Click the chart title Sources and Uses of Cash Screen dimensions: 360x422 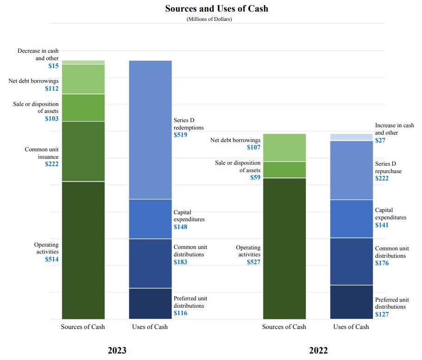216,8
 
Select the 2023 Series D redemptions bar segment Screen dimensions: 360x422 150,130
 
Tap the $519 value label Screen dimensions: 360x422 180,135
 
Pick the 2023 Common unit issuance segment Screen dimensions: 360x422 83,151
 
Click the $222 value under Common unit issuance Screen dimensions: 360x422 52,164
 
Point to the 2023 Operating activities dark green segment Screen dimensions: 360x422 83,250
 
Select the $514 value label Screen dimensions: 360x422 52,260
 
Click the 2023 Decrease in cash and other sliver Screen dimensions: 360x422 83,62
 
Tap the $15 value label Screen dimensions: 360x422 53,66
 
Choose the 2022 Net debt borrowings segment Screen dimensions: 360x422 284,148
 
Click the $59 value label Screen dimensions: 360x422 255,177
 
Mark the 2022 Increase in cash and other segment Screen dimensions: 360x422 351,137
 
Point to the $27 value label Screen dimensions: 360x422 381,140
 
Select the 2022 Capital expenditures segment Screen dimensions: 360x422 351,218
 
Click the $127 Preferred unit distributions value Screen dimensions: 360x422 382,314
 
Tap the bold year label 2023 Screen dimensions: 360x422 117,350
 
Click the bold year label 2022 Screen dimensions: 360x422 318,350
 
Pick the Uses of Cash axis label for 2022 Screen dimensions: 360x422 351,327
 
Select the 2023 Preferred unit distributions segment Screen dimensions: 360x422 150,304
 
